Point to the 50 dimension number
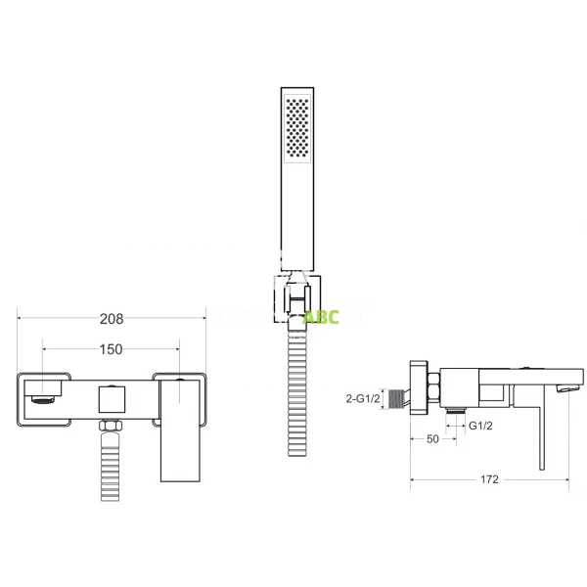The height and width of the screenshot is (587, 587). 431,440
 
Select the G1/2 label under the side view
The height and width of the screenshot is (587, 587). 479,427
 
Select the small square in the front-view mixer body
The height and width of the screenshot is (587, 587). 112,399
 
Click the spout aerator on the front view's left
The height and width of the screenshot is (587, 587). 41,397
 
